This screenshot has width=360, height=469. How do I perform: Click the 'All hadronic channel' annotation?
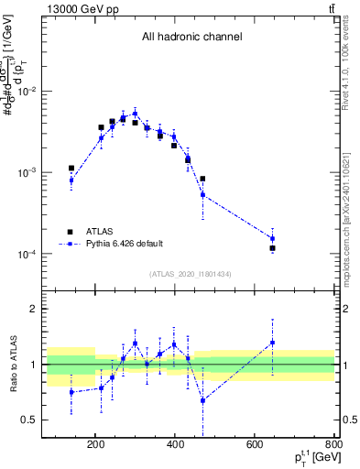(191, 38)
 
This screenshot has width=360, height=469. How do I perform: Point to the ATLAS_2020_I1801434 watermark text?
(190, 275)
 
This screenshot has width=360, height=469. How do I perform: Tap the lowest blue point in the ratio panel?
(202, 400)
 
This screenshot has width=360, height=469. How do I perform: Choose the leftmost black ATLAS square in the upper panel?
(71, 169)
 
